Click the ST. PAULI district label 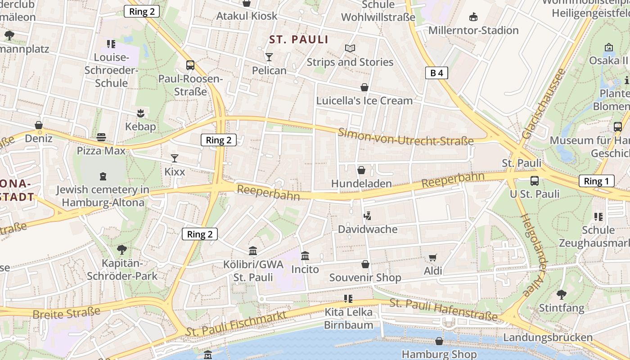(299, 40)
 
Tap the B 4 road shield (436, 73)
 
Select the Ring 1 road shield (596, 181)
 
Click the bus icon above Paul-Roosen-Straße (190, 65)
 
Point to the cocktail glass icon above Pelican (269, 57)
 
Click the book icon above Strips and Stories (350, 48)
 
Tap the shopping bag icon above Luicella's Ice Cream (364, 87)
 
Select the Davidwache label (368, 229)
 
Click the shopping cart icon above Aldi (432, 257)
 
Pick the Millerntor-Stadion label (473, 31)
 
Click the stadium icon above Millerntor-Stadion (473, 17)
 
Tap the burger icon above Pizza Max (101, 137)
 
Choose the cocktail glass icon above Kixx (175, 158)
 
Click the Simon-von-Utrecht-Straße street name (406, 136)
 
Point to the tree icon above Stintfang (561, 295)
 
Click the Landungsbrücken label (548, 337)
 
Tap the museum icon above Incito (305, 256)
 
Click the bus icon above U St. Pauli (534, 181)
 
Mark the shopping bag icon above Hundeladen (361, 170)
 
